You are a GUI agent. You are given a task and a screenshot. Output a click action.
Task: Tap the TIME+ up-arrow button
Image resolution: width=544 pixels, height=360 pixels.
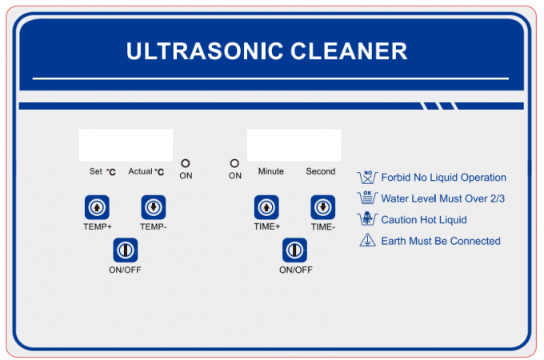click(x=266, y=207)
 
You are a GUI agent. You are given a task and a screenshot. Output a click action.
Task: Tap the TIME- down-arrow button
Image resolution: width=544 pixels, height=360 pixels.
click(x=322, y=207)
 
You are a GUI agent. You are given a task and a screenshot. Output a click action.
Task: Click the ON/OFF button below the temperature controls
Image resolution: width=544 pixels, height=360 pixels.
click(x=126, y=250)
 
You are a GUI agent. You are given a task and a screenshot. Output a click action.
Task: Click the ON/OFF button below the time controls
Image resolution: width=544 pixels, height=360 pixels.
click(x=294, y=250)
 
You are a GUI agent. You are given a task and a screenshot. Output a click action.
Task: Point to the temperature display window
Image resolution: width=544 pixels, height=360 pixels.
click(x=126, y=145)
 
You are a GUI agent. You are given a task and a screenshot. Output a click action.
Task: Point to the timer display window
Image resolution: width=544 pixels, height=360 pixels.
click(x=294, y=145)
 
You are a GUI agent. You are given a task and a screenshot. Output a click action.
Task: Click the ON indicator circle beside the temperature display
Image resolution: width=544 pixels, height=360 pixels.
click(x=186, y=163)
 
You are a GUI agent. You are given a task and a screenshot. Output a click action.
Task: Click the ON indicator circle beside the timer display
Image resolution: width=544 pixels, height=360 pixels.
click(x=234, y=163)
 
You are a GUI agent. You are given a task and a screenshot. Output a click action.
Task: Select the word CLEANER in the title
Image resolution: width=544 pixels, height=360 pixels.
click(x=349, y=51)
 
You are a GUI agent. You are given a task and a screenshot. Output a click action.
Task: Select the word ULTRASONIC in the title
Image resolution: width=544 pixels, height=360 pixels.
click(x=205, y=51)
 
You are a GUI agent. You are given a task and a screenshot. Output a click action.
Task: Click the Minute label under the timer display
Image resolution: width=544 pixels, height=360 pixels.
click(x=271, y=171)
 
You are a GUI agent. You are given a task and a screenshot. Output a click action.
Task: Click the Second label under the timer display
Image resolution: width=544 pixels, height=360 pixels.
click(x=321, y=171)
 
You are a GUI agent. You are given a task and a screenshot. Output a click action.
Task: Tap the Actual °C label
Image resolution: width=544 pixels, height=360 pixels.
click(x=146, y=172)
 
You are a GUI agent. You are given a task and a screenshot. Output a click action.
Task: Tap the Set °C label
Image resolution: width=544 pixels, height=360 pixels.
click(x=102, y=172)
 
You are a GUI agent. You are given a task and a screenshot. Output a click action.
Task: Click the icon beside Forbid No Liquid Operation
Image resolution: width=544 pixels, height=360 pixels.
click(x=367, y=178)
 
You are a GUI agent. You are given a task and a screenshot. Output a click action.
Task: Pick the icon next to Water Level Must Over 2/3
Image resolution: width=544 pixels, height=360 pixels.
click(x=367, y=198)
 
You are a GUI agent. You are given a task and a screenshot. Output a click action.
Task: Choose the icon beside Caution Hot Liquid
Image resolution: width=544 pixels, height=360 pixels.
click(x=367, y=219)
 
